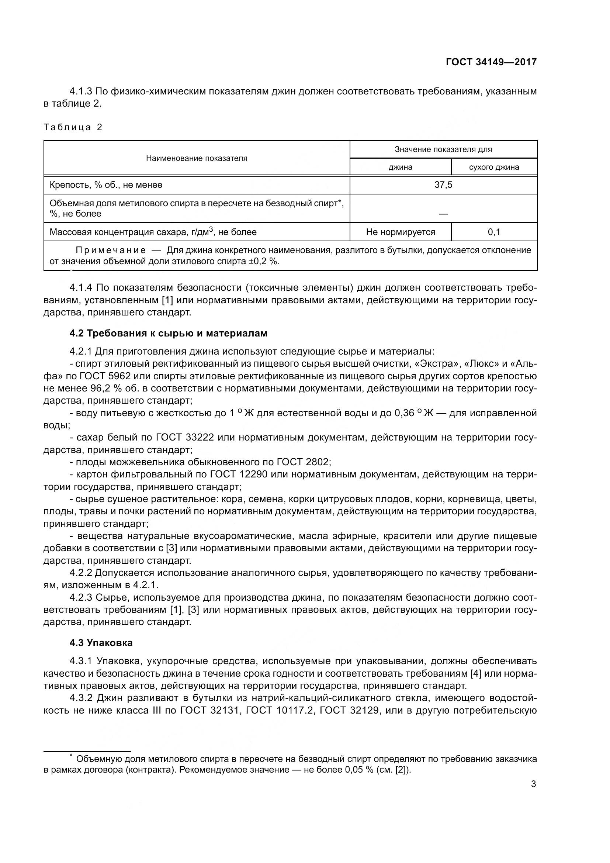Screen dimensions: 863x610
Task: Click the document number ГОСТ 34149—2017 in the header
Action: pyautogui.click(x=491, y=62)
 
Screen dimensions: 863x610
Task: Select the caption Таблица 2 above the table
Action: pyautogui.click(x=73, y=127)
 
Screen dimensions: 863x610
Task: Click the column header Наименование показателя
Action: pyautogui.click(x=197, y=158)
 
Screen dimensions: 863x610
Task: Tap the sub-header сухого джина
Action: pyautogui.click(x=494, y=167)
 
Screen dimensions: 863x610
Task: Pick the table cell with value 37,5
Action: pyautogui.click(x=443, y=185)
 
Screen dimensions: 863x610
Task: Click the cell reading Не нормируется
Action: pyautogui.click(x=401, y=232)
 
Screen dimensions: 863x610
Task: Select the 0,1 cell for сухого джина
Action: pyautogui.click(x=494, y=232)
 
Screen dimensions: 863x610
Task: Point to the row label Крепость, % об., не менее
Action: pyautogui.click(x=106, y=185)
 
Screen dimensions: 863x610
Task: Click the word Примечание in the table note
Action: pyautogui.click(x=111, y=250)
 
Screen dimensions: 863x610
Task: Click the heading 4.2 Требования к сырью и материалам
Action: pyautogui.click(x=168, y=334)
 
